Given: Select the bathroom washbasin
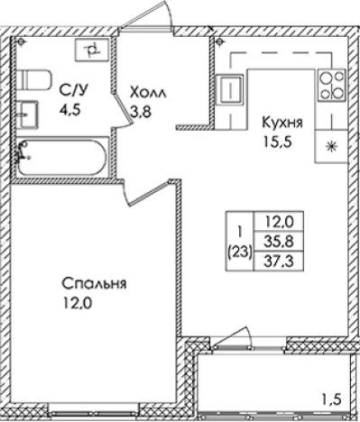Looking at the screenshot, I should (27, 115).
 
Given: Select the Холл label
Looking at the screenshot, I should (148, 93).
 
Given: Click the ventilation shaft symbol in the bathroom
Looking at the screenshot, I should (91, 50).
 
